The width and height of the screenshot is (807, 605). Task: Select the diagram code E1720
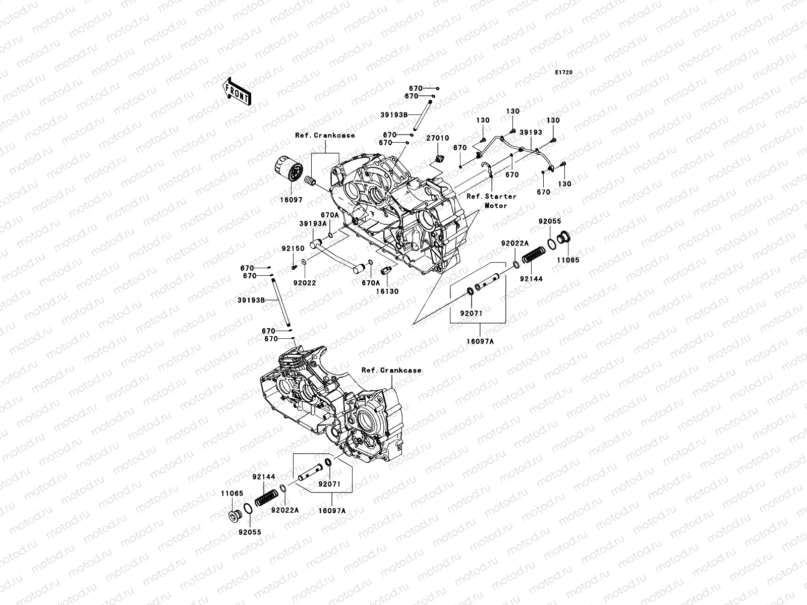pyautogui.click(x=564, y=73)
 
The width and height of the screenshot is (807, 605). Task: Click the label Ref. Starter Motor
pyautogui.click(x=491, y=201)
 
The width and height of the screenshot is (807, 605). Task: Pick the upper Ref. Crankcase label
pyautogui.click(x=325, y=135)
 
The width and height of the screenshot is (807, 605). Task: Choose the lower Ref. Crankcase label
pyautogui.click(x=391, y=370)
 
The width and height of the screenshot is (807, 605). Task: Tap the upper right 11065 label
pyautogui.click(x=568, y=260)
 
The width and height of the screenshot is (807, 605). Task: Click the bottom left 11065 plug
pyautogui.click(x=235, y=516)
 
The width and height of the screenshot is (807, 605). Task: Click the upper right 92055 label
pyautogui.click(x=549, y=221)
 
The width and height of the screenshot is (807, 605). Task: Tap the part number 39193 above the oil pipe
pyautogui.click(x=531, y=132)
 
